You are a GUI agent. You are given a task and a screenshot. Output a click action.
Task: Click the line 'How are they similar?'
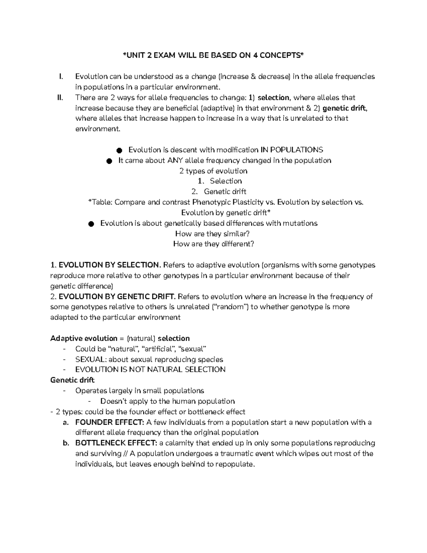tap(212, 234)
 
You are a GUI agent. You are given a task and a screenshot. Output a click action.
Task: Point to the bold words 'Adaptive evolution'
tap(84, 338)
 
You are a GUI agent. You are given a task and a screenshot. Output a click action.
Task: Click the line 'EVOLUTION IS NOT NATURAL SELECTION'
tap(150, 370)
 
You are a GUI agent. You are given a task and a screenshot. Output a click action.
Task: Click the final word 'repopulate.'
tap(236, 464)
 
